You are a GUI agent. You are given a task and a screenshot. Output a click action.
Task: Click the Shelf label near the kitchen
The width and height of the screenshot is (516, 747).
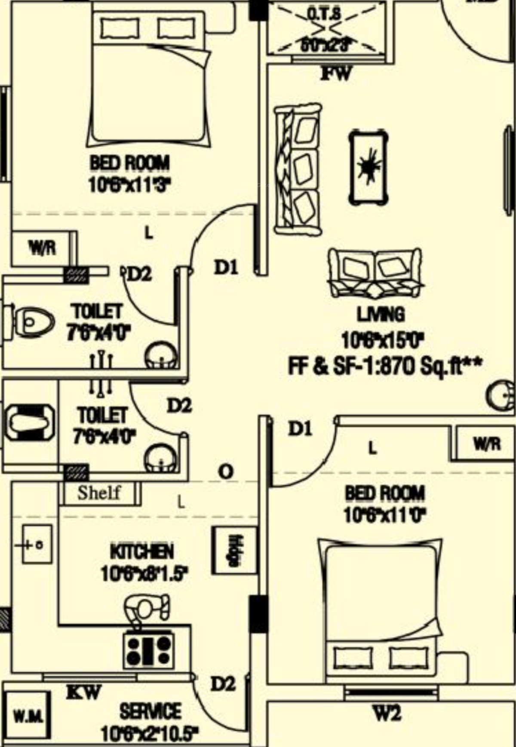(x=99, y=493)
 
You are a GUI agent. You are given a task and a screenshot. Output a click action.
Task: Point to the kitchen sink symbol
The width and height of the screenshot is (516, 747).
(x=37, y=545)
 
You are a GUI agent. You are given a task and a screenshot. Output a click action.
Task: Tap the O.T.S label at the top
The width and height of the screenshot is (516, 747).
(x=323, y=14)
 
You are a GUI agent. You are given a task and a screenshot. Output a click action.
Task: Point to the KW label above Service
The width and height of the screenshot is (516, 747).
(x=84, y=692)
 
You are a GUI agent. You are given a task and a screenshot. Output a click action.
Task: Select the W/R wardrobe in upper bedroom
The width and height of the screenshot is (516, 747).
(x=42, y=248)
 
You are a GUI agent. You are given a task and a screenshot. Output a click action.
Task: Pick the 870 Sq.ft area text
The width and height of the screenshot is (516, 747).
(x=385, y=367)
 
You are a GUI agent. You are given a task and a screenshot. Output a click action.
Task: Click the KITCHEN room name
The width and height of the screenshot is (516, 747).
(x=142, y=552)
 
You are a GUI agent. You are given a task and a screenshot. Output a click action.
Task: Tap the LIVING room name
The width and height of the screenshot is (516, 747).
(x=381, y=315)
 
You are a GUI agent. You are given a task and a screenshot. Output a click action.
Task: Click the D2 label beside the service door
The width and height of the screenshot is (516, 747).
(x=223, y=683)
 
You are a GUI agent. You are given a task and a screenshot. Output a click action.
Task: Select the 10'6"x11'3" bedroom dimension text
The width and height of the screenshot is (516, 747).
(x=129, y=186)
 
